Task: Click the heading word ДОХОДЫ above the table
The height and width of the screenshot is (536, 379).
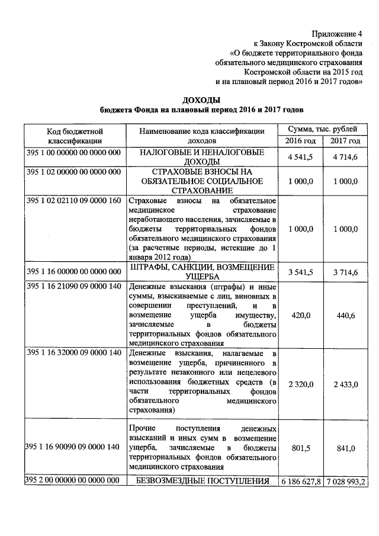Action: click(201, 100)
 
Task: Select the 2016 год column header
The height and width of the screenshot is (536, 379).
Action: click(300, 140)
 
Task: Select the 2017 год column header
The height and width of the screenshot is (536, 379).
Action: click(345, 140)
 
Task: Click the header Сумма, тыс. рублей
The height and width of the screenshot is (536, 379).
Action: click(323, 129)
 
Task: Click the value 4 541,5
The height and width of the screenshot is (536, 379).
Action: click(300, 158)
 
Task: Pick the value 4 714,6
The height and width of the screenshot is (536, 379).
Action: click(345, 158)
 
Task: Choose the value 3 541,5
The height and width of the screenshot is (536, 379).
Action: click(300, 272)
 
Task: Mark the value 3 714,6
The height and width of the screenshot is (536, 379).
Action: click(345, 272)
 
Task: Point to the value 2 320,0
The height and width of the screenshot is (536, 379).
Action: click(300, 384)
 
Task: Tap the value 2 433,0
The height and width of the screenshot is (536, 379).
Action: click(345, 384)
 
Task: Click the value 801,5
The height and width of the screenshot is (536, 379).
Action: click(300, 448)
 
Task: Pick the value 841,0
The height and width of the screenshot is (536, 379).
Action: click(345, 448)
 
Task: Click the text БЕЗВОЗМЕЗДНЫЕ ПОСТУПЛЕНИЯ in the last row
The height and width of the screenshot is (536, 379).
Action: click(201, 481)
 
